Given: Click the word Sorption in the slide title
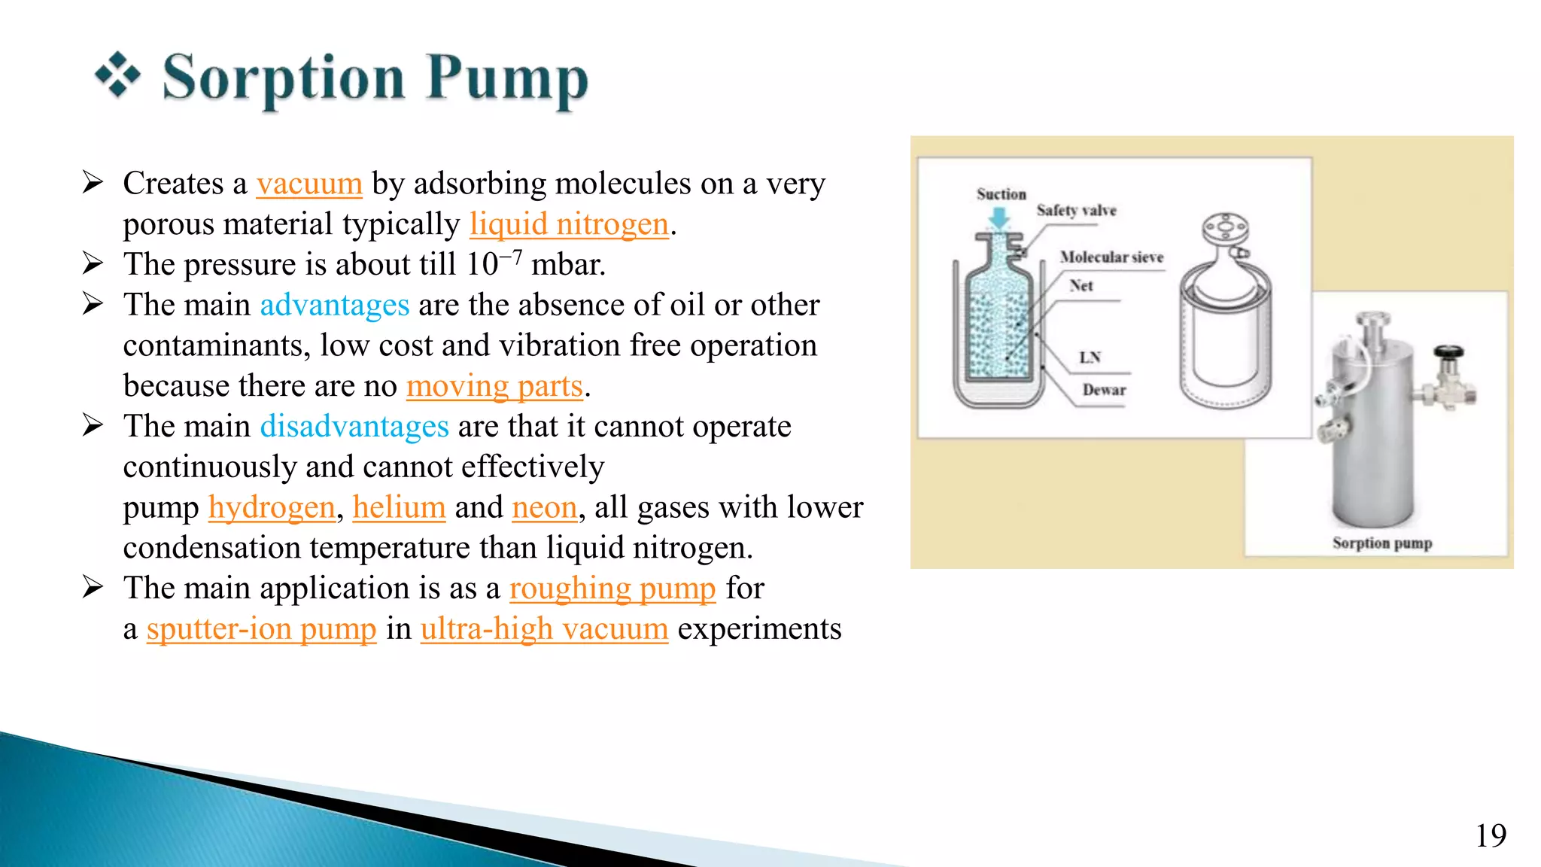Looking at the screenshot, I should (x=284, y=78).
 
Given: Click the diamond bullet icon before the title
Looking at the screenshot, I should (x=117, y=75).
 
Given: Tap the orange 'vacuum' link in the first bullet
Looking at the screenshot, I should (x=309, y=184).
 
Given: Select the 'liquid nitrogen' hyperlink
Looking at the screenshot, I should (x=569, y=224).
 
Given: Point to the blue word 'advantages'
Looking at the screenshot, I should (x=334, y=306).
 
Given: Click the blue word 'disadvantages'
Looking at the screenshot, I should (x=354, y=427).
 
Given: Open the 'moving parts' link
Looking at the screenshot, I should (x=494, y=386).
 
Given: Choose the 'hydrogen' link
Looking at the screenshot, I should (x=272, y=508).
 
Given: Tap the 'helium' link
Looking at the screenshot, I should (x=399, y=508).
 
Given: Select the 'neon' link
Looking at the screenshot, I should (x=544, y=508).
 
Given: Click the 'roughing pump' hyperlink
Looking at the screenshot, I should (x=612, y=589).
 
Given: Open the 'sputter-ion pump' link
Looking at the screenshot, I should (x=261, y=629).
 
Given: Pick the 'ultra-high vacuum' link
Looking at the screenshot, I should (x=544, y=629).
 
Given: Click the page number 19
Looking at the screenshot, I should (x=1490, y=836).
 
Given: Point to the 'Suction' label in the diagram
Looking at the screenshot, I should (x=1001, y=194).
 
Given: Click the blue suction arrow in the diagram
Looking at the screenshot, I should (x=999, y=218).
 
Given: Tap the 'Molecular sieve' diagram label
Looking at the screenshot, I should (x=1111, y=257).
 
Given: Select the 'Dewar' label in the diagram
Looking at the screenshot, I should (x=1104, y=390).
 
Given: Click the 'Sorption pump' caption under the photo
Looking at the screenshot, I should (x=1381, y=543).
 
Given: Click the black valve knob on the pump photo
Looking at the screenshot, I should (x=1448, y=351).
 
